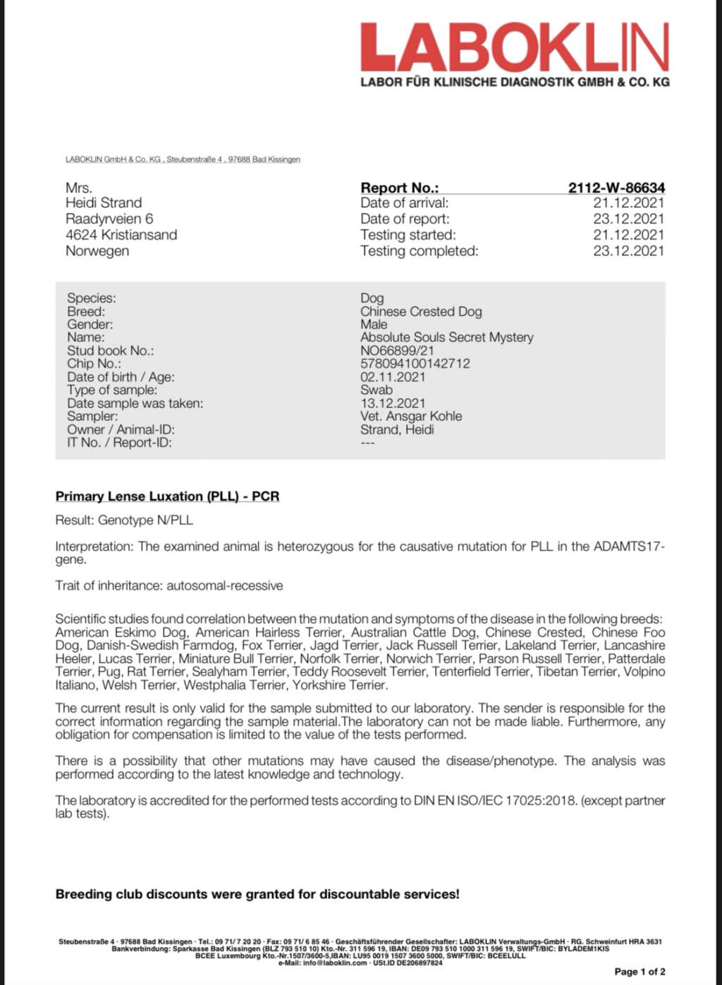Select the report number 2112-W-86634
616,188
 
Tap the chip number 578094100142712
415,364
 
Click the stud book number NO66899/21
397,350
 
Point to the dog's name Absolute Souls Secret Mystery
446,338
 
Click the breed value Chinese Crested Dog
421,312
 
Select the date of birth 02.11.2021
393,377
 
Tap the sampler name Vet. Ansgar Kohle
410,417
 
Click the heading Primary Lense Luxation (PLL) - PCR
167,496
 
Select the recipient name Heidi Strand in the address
104,203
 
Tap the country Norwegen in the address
97,251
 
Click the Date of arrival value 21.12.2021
628,203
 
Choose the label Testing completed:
419,251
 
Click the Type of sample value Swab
377,390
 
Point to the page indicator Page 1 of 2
640,972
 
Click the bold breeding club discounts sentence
257,894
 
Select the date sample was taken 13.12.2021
393,403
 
